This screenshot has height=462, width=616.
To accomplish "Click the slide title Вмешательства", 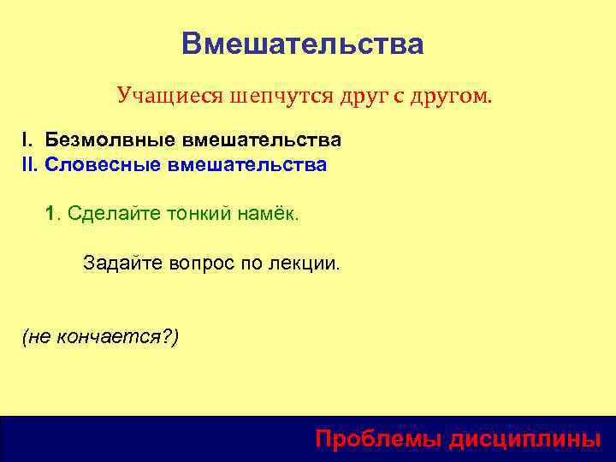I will pos(302,44).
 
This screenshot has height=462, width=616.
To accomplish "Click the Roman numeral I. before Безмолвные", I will pos(28,139).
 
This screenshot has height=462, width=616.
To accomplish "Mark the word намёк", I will pos(269,213).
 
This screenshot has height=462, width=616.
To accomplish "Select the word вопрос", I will pos(201,264).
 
